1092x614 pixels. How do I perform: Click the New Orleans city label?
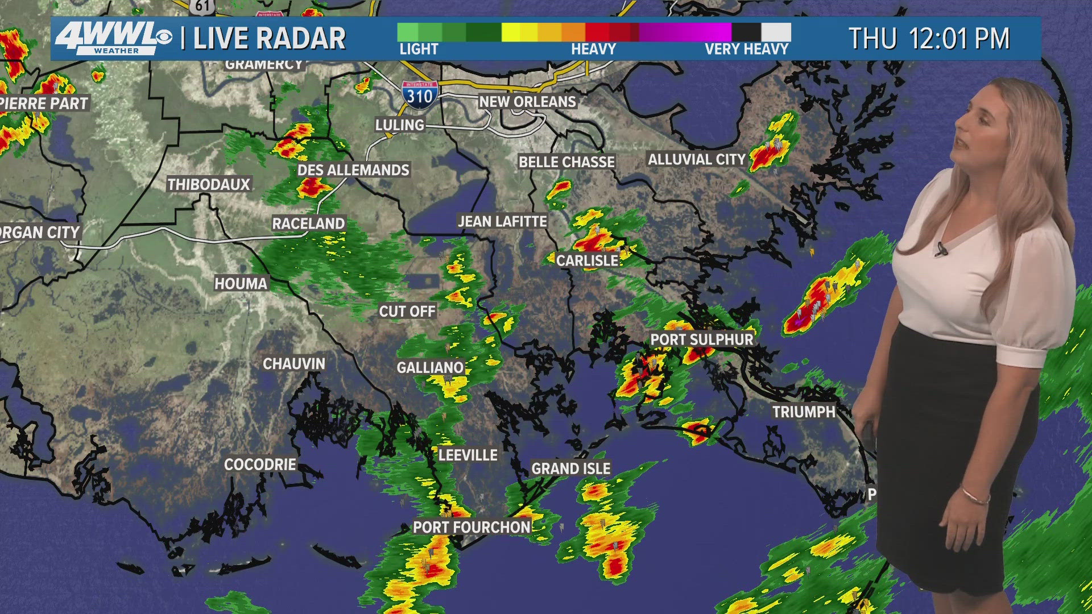(x=527, y=102)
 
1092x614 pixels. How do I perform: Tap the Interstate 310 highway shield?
(x=420, y=94)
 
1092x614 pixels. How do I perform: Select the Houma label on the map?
(x=241, y=283)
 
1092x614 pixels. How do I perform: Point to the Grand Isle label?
(x=570, y=468)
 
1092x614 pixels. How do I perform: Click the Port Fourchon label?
(x=471, y=527)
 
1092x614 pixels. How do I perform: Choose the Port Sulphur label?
(x=701, y=339)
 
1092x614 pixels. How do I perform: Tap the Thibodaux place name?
(x=209, y=184)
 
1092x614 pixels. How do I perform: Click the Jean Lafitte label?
(x=502, y=221)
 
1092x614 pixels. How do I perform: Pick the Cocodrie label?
(x=260, y=464)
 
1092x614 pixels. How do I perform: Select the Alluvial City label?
(x=696, y=160)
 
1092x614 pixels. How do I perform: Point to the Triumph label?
(x=803, y=412)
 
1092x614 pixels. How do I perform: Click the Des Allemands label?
(x=353, y=170)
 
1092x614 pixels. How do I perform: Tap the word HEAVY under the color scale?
(x=593, y=49)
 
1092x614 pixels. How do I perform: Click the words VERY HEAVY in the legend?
(x=746, y=49)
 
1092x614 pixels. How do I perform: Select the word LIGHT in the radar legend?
(x=419, y=49)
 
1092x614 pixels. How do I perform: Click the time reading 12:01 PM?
(x=959, y=39)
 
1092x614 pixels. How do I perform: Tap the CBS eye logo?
(x=164, y=38)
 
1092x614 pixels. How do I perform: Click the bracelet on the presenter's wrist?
(x=975, y=496)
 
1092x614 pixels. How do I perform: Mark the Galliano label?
(x=430, y=368)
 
